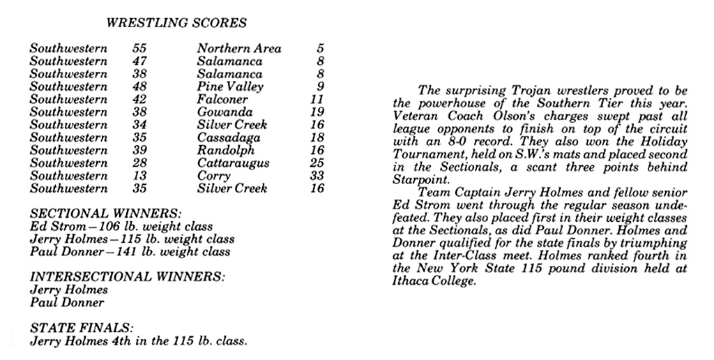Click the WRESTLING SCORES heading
176,23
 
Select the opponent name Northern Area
239,49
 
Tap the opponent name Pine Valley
230,87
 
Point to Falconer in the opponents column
222,100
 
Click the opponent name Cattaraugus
234,163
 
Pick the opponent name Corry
213,177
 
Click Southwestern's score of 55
139,49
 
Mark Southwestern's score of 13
139,177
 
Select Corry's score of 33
317,177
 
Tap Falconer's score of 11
317,100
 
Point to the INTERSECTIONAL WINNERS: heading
128,277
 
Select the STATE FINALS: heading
82,329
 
